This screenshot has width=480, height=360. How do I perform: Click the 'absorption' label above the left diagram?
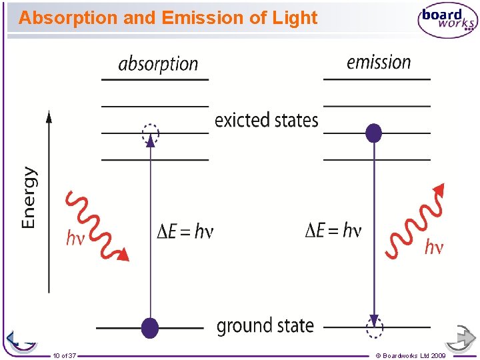(x=158, y=64)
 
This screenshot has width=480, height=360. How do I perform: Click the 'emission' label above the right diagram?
(x=379, y=63)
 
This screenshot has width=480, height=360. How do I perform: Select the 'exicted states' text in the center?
(x=266, y=121)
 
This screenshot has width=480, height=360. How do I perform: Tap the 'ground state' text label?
(x=265, y=326)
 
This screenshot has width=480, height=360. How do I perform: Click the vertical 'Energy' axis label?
(x=29, y=197)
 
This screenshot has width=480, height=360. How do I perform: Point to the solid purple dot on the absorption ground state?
(x=150, y=327)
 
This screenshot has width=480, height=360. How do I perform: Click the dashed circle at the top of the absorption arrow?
(x=151, y=133)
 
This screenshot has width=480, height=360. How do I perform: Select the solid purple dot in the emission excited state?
(x=374, y=133)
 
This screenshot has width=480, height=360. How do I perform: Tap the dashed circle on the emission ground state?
(x=374, y=327)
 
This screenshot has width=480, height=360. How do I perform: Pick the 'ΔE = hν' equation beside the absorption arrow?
(x=185, y=231)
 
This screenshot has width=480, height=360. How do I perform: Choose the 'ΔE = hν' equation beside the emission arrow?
(x=333, y=231)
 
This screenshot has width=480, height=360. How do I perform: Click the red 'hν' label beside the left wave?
(x=75, y=238)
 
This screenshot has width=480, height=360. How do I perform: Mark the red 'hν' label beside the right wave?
(x=433, y=248)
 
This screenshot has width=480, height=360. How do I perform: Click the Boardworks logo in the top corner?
(x=447, y=21)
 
